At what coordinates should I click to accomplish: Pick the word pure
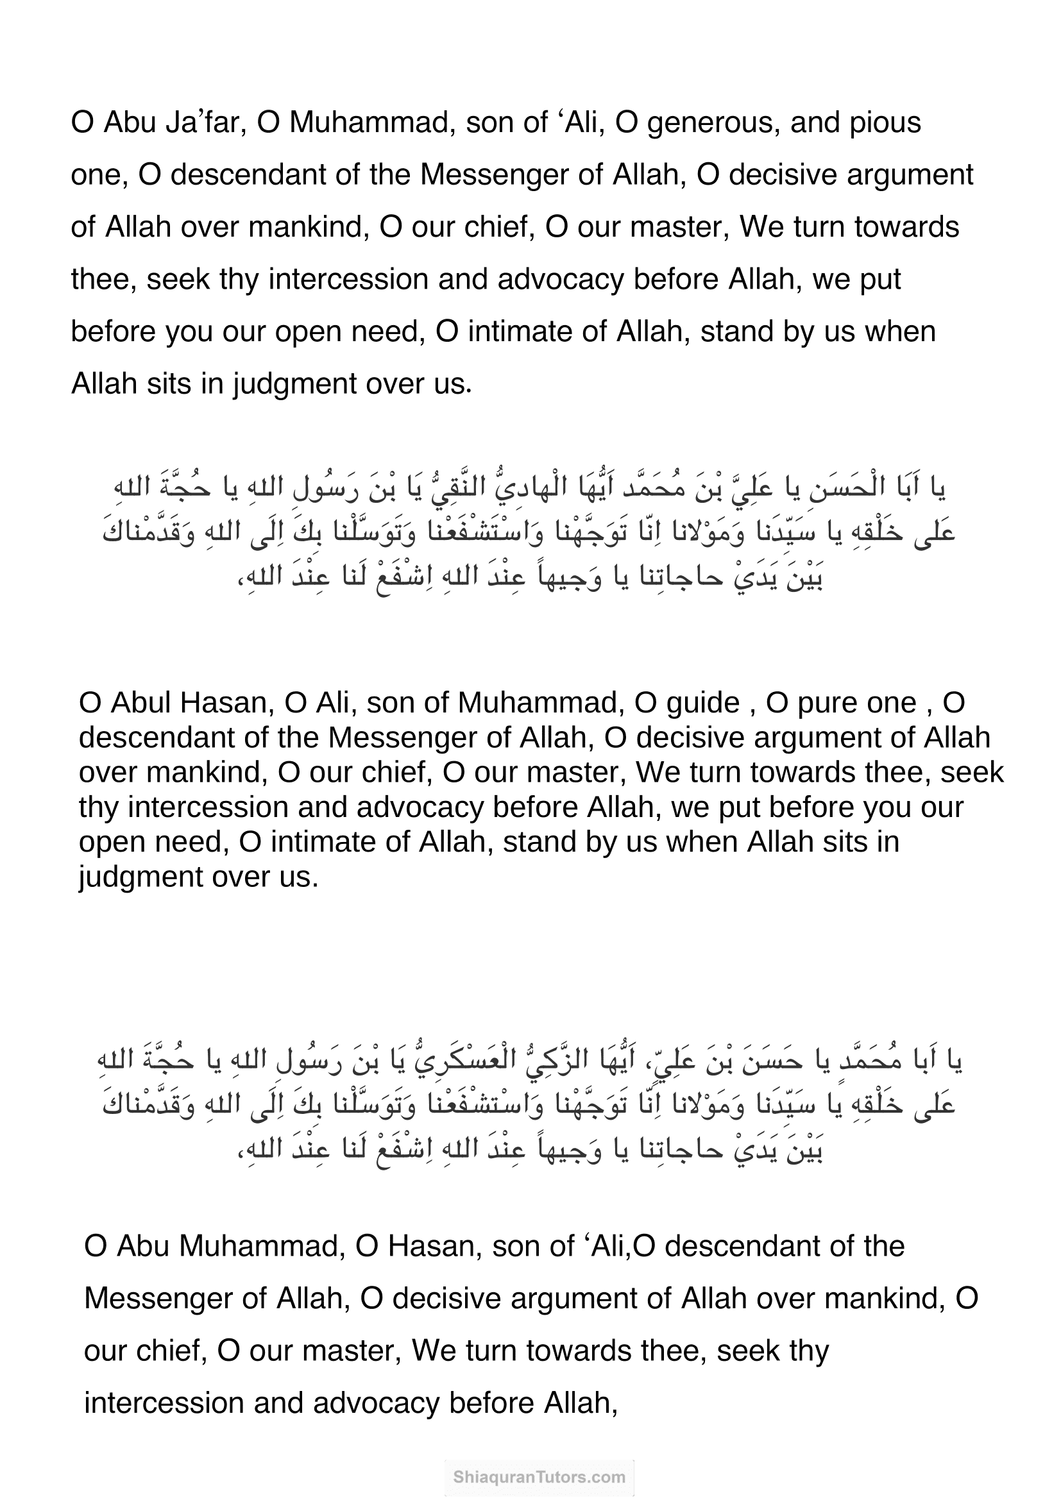coord(826,704)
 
